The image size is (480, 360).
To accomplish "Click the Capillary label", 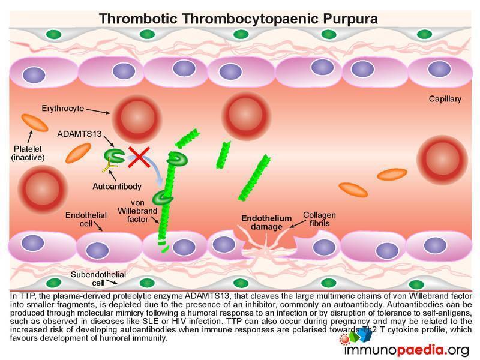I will coord(445,99).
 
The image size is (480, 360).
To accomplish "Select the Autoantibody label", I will coord(117,187).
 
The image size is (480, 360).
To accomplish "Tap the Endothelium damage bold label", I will coord(266,223).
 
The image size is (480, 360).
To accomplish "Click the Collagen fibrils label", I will coord(319,219).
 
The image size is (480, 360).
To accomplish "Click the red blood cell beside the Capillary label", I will coord(442,157).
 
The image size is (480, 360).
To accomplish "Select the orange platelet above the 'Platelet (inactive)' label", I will coord(36,122).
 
